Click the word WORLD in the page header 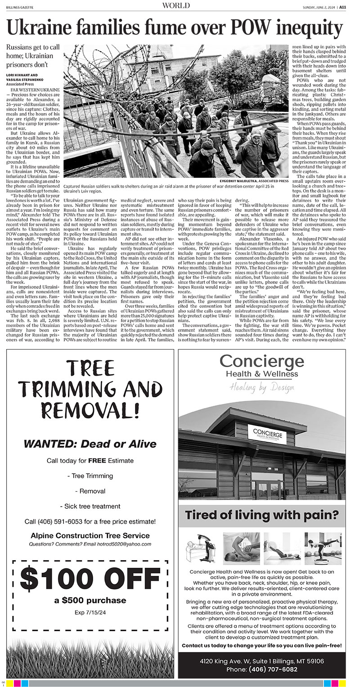point(176,5)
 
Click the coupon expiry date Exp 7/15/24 point(90,612)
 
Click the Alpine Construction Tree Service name point(90,535)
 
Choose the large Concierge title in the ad point(261,361)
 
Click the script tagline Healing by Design point(261,387)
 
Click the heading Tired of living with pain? point(262,515)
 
